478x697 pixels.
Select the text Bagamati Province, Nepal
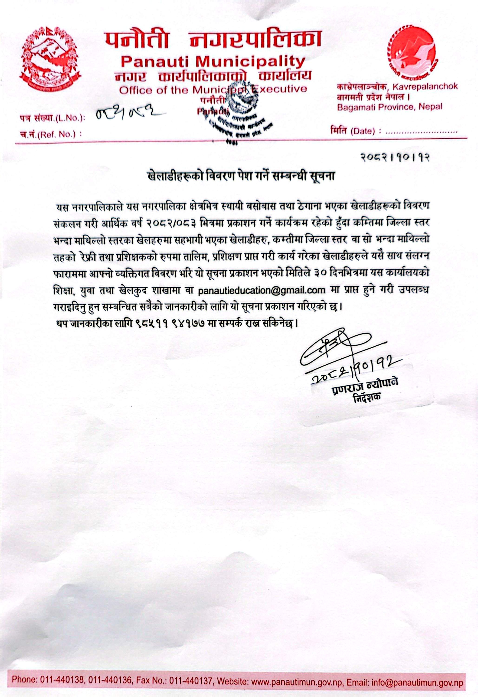point(390,107)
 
